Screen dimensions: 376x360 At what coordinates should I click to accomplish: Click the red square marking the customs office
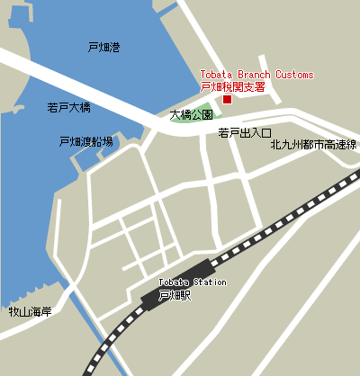(x=227, y=100)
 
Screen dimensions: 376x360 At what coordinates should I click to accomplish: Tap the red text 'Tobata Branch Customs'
(x=256, y=75)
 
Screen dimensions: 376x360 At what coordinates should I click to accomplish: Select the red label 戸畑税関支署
(x=231, y=87)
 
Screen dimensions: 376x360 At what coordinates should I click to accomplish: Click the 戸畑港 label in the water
(x=103, y=46)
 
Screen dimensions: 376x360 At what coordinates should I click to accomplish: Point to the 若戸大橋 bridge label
(x=68, y=107)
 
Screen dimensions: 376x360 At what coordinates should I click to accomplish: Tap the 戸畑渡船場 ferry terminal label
(x=85, y=141)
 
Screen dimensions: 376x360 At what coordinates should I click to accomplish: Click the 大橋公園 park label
(x=191, y=115)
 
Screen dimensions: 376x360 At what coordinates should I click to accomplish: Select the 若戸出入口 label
(x=245, y=133)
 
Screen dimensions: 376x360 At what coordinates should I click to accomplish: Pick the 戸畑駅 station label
(x=175, y=294)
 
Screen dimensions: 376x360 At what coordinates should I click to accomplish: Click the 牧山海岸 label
(x=31, y=312)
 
